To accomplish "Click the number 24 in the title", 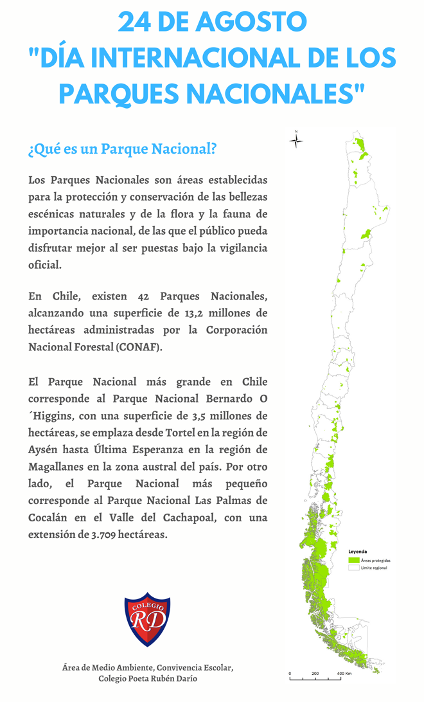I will pos(136,22).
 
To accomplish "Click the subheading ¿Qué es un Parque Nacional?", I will pos(122,150).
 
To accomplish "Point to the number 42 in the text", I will pos(144,296).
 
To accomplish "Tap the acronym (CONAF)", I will pos(139,347).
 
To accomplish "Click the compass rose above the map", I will pos(296,140).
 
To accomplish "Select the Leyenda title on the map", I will pos(357,551).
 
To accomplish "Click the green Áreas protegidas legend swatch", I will pos(353,560).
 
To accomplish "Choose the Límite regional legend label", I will pos(374,568).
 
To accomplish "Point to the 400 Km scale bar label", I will pos(344,674).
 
